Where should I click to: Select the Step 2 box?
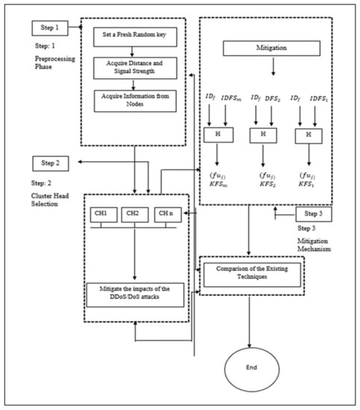pos(49,162)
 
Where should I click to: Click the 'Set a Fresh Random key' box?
pos(132,35)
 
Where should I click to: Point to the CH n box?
pos(166,215)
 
